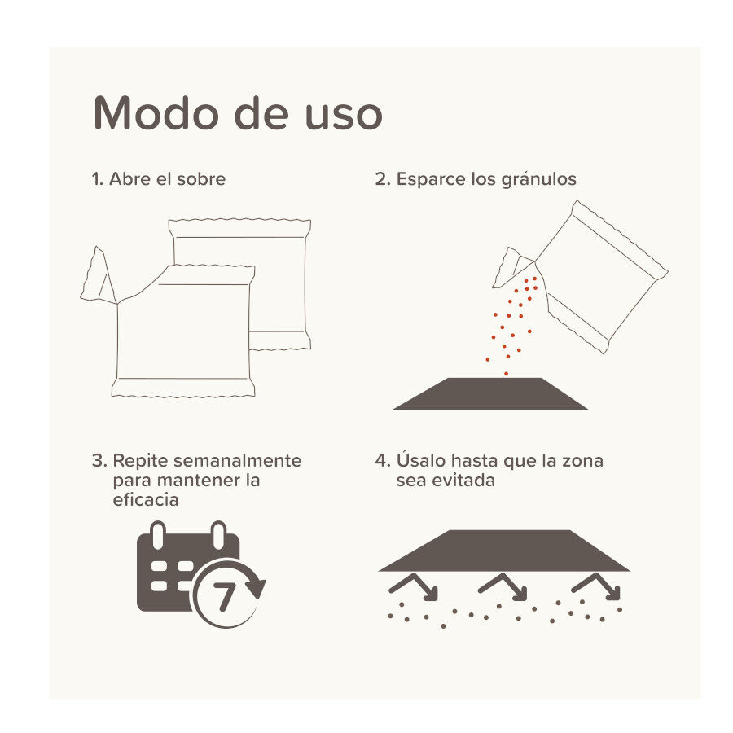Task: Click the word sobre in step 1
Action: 200,179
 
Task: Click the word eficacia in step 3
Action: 146,500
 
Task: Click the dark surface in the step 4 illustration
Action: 503,551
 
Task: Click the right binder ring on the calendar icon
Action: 217,538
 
